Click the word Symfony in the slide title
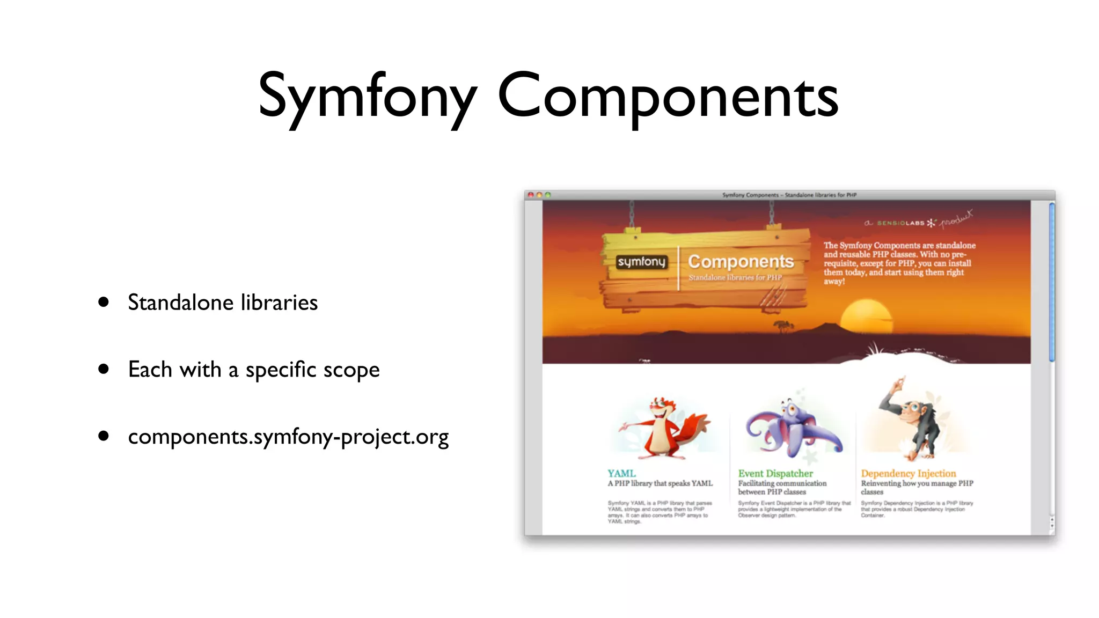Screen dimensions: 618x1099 point(368,97)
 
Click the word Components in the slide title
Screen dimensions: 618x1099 point(668,97)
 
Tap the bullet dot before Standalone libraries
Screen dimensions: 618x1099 point(104,302)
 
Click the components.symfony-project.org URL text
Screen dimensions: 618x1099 point(288,437)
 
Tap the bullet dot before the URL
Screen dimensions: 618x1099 point(104,436)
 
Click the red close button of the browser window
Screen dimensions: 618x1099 point(531,195)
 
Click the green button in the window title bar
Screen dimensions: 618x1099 point(547,195)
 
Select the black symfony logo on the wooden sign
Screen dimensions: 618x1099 point(641,262)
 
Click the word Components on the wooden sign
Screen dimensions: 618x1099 point(741,261)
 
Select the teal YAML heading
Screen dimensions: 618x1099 point(621,473)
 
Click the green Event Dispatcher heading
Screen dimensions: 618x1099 point(775,473)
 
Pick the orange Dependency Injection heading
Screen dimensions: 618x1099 point(908,473)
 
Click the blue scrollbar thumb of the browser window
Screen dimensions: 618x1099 point(1052,282)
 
